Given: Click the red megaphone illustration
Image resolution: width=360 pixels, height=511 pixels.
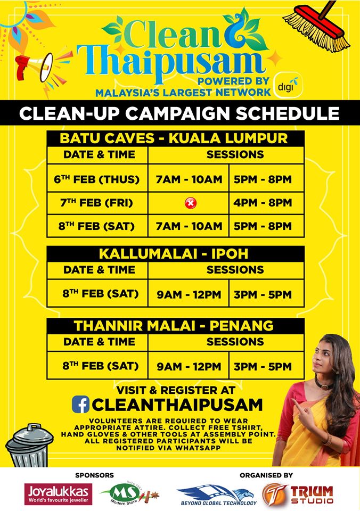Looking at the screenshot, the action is pos(34,67).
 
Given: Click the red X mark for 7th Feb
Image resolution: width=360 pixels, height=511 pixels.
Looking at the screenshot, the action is pos(191,203).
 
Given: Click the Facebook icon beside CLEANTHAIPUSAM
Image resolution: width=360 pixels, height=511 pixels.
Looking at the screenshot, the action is pos(80,404).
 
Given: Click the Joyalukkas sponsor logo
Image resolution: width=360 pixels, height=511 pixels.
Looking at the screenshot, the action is pos(59,493).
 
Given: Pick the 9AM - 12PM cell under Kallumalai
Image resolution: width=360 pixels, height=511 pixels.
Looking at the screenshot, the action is pos(189,294).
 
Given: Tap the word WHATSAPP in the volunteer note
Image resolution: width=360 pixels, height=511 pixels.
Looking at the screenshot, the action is pos(198,448).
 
